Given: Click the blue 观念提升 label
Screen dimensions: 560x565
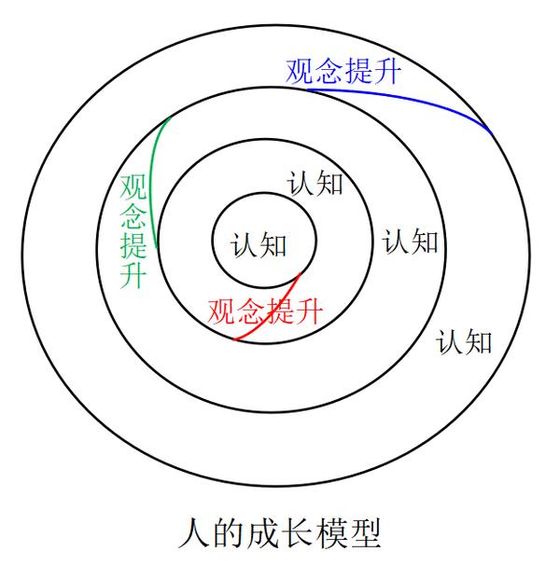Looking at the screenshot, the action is pos(343,70).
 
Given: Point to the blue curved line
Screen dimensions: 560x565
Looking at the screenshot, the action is pos(420,98).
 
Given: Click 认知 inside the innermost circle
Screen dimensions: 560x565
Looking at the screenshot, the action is pos(259,246).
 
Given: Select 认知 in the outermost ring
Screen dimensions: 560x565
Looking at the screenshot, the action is pos(464,342).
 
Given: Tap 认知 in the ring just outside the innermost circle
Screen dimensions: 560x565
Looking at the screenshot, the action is pos(315,183).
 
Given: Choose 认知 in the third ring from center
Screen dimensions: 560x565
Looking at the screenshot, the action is pos(411,242).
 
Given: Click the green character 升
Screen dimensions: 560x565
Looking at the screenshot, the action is pos(133,275).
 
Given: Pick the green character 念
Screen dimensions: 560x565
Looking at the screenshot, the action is pos(133,216).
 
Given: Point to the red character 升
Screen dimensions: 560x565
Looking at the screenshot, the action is pos(308,310).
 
